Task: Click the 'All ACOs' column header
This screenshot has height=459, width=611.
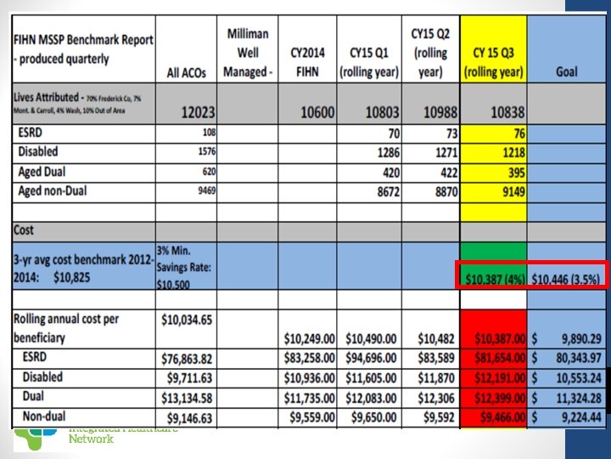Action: coord(185,72)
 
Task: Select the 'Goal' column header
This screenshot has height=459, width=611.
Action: coord(566,72)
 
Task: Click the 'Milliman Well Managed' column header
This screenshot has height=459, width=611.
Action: coord(248,53)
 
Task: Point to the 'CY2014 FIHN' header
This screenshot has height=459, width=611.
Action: coord(306,62)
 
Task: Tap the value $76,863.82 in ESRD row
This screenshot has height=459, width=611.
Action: coord(186,355)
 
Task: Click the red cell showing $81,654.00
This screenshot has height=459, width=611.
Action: coord(495,355)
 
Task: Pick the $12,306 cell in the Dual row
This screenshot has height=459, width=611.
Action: coord(432,395)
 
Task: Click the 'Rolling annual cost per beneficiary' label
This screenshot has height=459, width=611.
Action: coord(68,327)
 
